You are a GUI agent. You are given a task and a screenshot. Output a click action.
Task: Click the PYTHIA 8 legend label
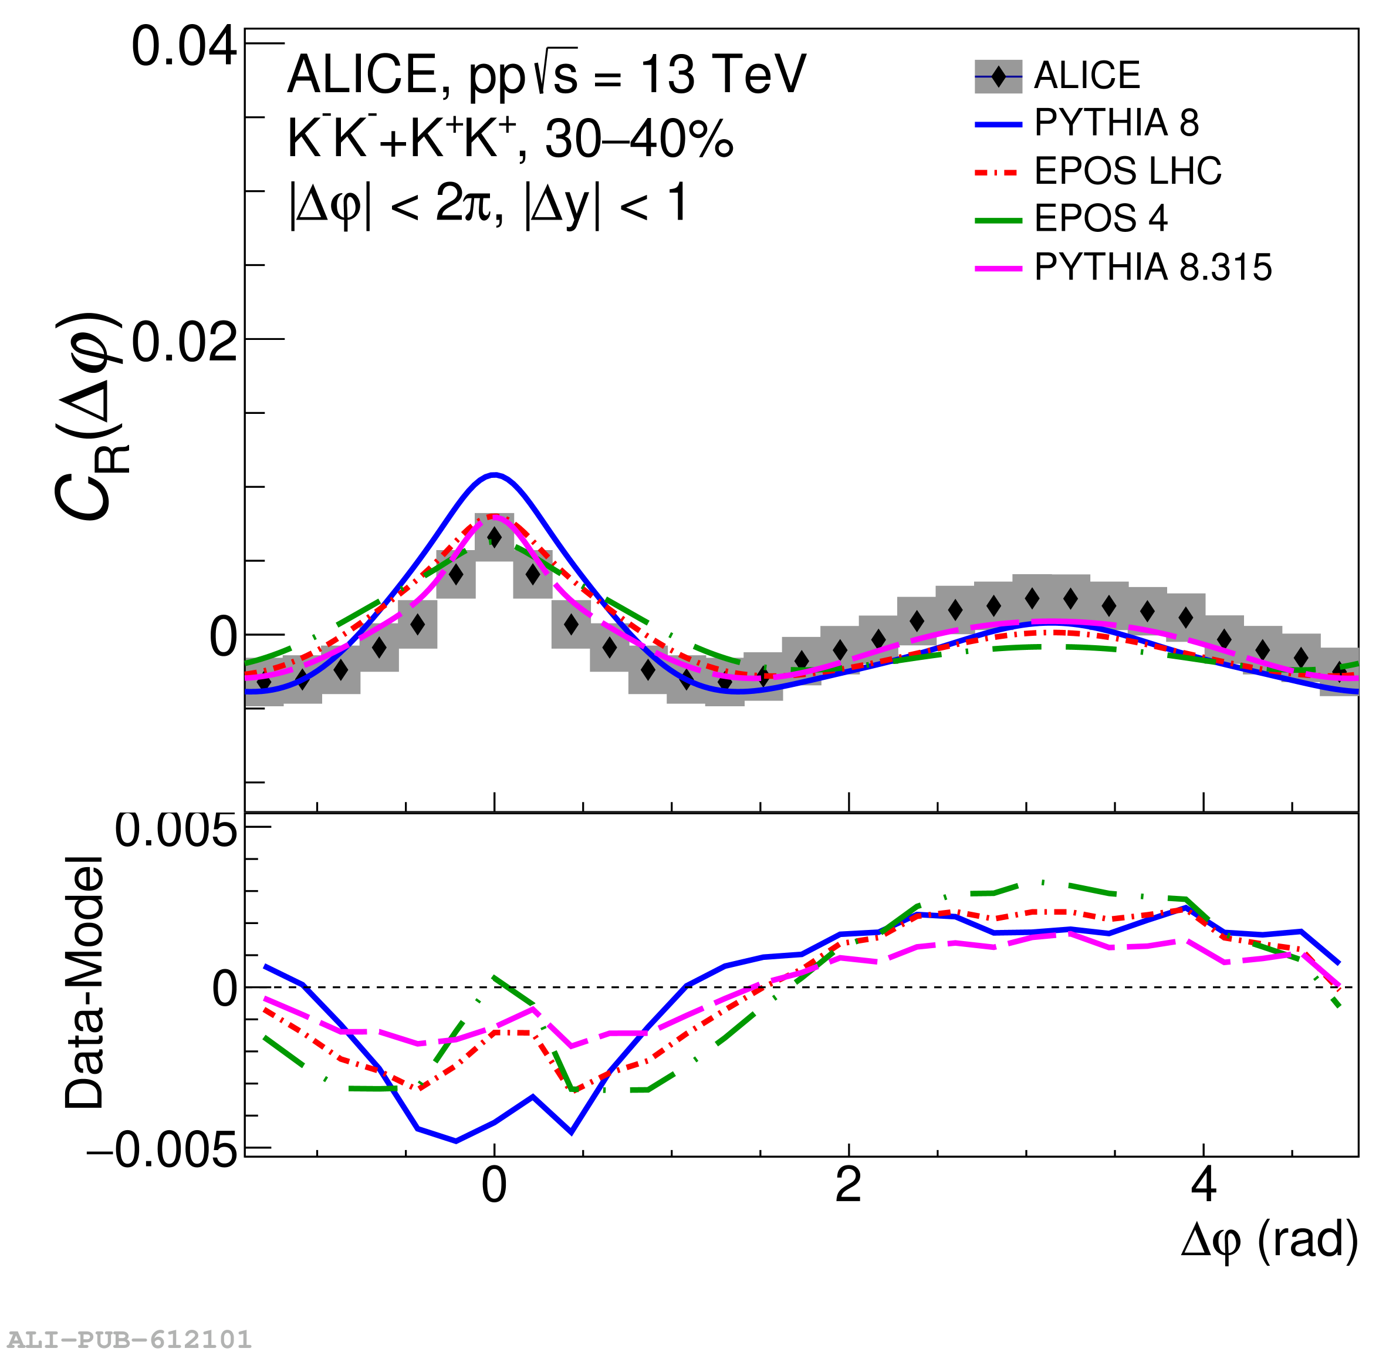point(1116,123)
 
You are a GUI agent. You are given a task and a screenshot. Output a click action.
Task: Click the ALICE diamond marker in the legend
point(999,76)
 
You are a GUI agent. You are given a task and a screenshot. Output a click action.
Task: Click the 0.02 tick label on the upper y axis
point(184,343)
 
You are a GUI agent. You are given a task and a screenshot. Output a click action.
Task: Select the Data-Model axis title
point(84,983)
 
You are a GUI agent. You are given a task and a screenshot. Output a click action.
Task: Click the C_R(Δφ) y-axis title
point(89,417)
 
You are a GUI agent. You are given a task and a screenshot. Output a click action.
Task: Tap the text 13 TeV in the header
point(723,74)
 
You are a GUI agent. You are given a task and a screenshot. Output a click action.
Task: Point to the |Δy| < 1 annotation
point(606,204)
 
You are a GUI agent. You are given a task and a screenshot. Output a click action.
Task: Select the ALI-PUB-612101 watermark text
point(130,1339)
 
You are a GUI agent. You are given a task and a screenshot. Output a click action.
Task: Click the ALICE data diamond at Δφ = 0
point(494,538)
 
